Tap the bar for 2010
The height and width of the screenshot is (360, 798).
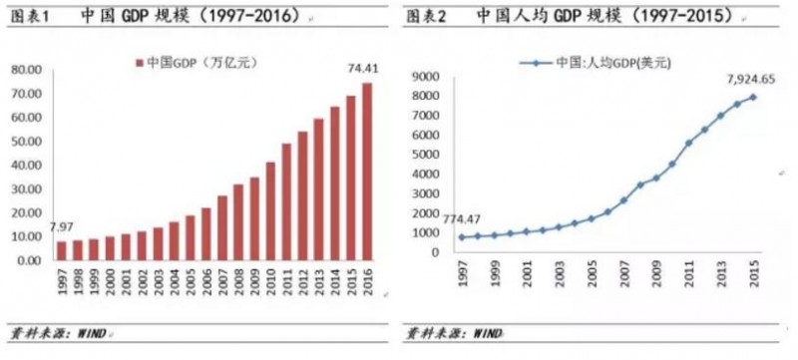tap(271, 210)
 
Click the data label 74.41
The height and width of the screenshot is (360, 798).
tap(360, 68)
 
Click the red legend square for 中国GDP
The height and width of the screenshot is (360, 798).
tap(139, 63)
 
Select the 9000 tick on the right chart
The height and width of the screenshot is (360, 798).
tap(428, 76)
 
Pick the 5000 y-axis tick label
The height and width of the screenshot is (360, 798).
tap(428, 155)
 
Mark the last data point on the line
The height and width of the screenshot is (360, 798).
tap(752, 97)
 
